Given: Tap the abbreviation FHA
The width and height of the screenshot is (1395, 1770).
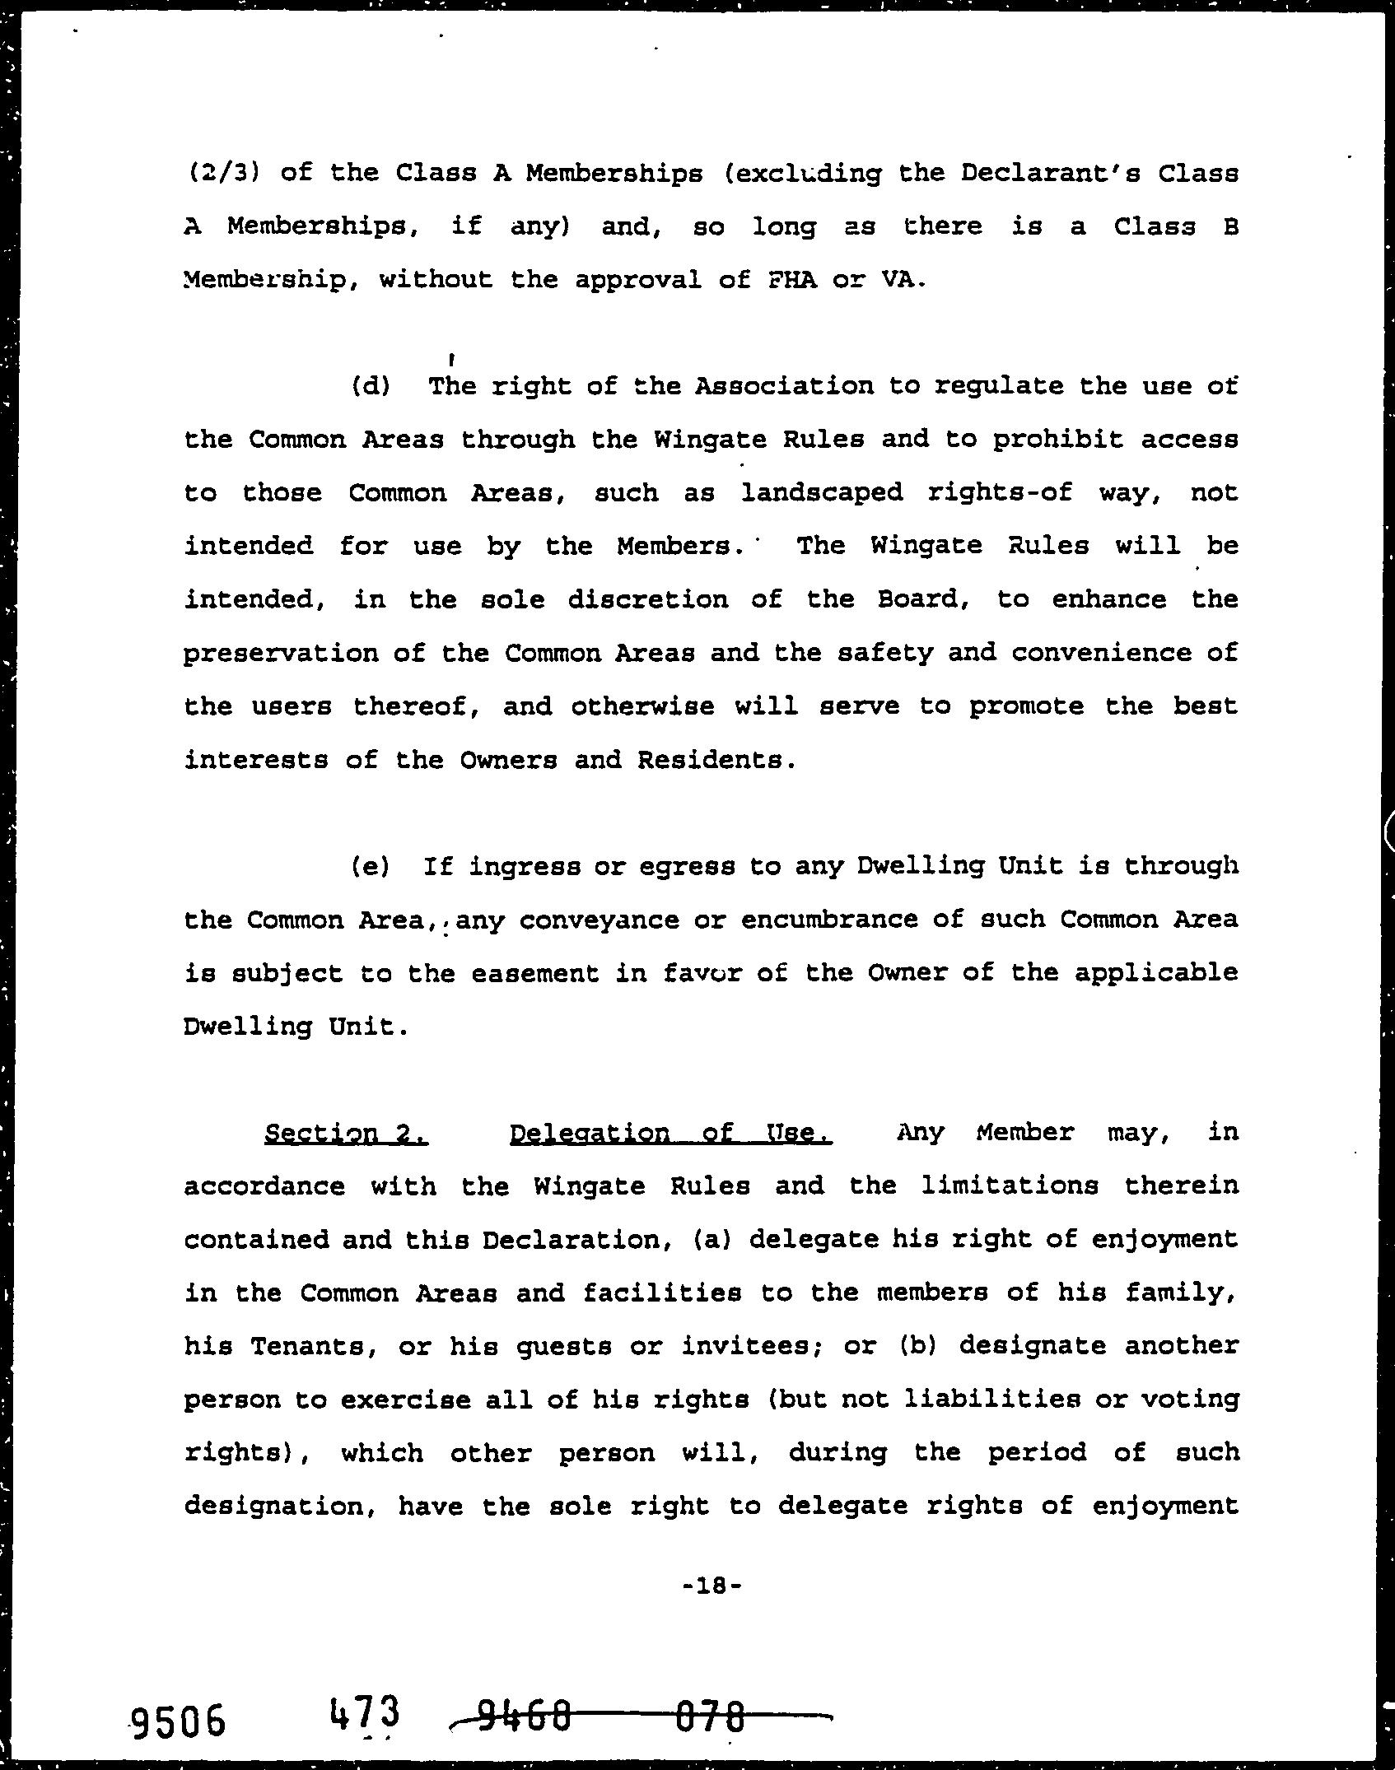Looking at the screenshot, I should click(x=792, y=280).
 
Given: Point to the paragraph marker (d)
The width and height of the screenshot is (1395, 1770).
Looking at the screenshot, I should click(x=371, y=386).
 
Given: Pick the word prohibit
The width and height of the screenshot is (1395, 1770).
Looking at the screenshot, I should click(x=1057, y=440).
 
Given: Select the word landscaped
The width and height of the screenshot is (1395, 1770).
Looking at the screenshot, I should click(x=822, y=492).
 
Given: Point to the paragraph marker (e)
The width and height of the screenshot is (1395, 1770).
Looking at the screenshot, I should click(x=371, y=866).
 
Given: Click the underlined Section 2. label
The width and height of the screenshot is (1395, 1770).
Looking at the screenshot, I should click(x=346, y=1133).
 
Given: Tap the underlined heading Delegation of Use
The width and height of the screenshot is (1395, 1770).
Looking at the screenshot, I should click(x=671, y=1133).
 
